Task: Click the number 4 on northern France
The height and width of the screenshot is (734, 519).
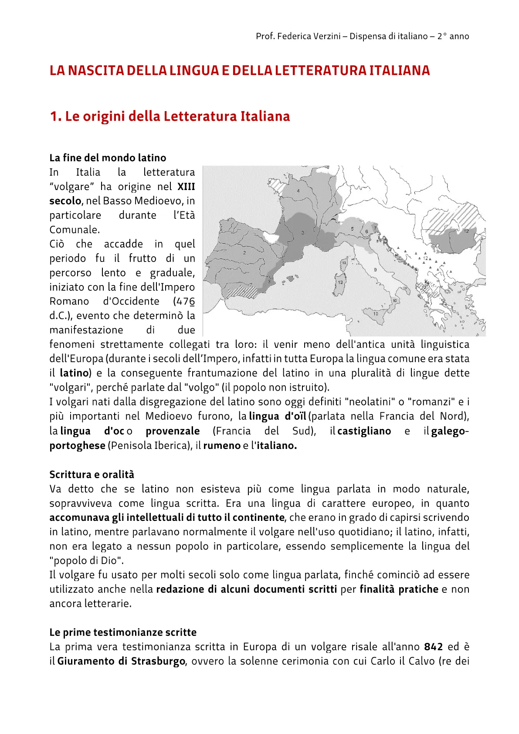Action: click(298, 191)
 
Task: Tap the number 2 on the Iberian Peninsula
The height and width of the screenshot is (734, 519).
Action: click(244, 252)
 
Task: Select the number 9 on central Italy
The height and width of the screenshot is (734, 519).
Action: click(375, 270)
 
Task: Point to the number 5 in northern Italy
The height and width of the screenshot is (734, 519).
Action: click(352, 229)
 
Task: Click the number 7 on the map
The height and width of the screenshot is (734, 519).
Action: click(375, 228)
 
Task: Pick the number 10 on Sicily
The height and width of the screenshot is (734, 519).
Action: click(376, 313)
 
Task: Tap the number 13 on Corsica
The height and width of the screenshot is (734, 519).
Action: click(344, 263)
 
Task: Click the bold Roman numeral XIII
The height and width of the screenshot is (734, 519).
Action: click(186, 187)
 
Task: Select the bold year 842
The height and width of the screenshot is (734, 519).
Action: click(433, 647)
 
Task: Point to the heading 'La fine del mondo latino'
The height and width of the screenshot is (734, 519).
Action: click(108, 158)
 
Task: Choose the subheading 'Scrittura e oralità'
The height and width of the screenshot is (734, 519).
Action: click(92, 474)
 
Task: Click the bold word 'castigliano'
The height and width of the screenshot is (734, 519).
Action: click(364, 431)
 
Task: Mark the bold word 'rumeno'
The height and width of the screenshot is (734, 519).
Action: click(222, 445)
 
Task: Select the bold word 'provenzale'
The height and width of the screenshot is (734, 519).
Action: click(173, 431)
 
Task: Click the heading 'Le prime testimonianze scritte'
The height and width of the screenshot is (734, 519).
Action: click(123, 632)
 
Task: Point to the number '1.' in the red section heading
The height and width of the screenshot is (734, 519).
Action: click(55, 116)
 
